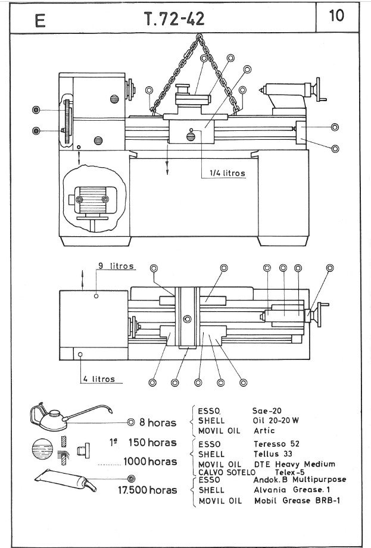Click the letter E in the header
click(40, 21)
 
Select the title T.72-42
click(174, 20)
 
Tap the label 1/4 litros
click(227, 173)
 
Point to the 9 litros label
click(116, 266)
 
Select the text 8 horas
click(157, 422)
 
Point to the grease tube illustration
click(66, 480)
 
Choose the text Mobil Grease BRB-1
click(296, 501)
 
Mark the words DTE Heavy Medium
click(294, 464)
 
